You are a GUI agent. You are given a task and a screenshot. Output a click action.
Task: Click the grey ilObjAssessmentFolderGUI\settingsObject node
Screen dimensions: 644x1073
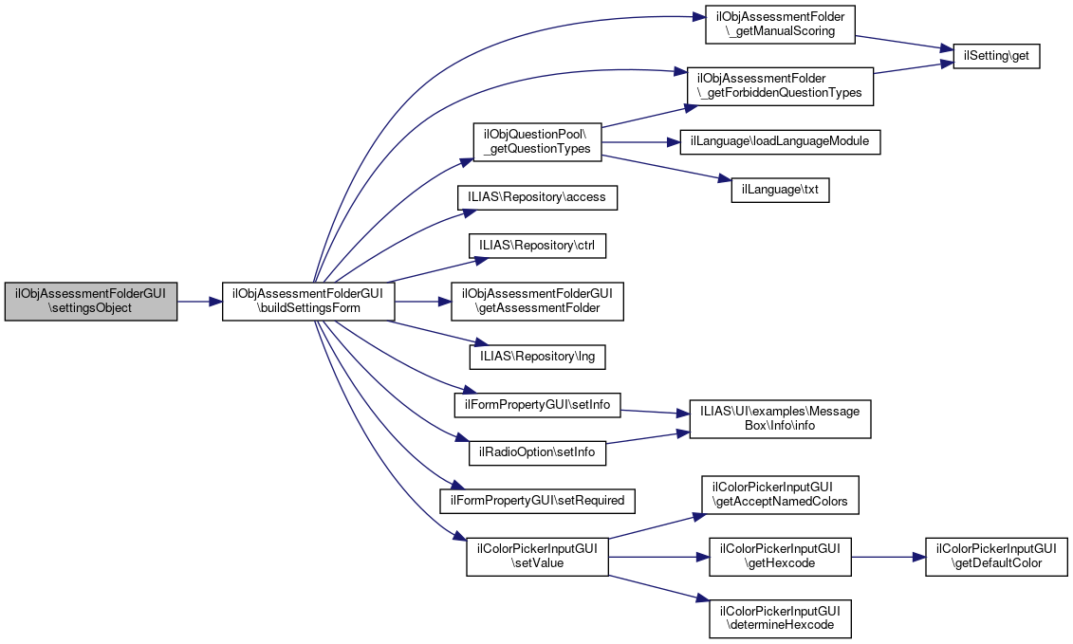coord(91,302)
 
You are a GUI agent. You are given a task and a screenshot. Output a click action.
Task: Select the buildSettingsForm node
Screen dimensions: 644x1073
coord(308,302)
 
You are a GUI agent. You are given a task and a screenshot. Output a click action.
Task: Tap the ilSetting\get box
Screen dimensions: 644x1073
coord(990,56)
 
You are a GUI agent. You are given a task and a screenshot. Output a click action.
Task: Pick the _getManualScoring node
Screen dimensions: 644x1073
coord(780,25)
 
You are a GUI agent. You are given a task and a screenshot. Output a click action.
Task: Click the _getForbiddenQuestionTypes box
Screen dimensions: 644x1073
coord(780,85)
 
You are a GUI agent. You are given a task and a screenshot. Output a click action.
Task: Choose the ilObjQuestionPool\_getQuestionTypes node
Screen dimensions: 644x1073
coord(537,141)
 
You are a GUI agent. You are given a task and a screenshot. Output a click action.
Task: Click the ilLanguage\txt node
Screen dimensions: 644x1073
coord(780,190)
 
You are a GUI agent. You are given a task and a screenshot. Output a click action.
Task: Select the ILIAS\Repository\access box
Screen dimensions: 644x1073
coord(538,197)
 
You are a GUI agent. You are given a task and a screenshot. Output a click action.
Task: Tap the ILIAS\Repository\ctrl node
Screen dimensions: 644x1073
coord(538,245)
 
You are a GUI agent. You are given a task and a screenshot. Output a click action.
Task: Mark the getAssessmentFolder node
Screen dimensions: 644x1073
coord(538,302)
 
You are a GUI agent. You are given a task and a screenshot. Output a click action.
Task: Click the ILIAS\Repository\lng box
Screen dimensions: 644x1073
coord(538,358)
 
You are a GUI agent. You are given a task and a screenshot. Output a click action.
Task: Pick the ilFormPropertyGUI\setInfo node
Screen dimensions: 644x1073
coord(538,405)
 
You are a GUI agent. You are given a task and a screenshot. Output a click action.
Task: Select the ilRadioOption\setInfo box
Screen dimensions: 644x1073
coord(538,451)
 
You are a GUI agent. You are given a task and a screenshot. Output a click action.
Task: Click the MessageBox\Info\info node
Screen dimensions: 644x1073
coord(780,418)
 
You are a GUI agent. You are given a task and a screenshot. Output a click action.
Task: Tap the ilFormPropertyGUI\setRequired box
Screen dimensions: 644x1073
coord(538,499)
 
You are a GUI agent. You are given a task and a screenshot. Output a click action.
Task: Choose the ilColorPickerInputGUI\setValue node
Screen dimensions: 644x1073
coord(537,556)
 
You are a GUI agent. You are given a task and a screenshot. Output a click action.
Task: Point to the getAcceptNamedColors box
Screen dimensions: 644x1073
coord(780,495)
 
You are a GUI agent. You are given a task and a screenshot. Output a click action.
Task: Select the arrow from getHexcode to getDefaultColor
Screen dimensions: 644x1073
coord(888,556)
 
